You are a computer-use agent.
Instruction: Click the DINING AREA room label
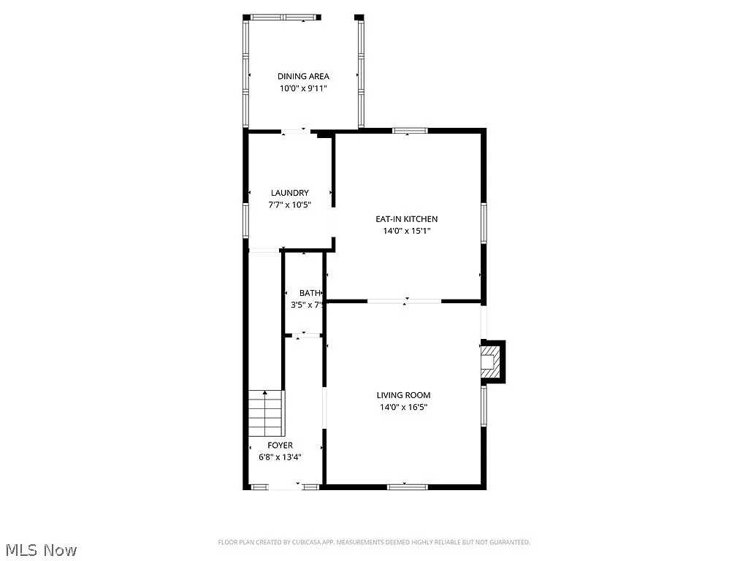point(303,76)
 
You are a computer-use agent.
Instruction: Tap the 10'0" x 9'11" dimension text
point(303,88)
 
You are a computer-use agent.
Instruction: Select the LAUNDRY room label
point(290,193)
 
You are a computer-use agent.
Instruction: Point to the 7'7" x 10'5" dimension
point(290,205)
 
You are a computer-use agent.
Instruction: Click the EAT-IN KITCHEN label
point(406,218)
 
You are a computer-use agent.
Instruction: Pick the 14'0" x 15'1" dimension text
point(406,231)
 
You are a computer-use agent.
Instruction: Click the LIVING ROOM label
point(404,395)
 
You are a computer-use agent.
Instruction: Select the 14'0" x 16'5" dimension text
point(404,408)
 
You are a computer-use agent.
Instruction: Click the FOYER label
point(280,445)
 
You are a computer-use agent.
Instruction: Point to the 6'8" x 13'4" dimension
point(280,457)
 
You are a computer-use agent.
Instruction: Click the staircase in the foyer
point(265,413)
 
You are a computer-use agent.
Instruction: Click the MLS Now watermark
point(41,549)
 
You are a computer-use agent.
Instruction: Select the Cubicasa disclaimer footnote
point(374,542)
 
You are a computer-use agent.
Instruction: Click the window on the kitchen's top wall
point(410,131)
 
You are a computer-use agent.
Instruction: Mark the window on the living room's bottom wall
point(407,486)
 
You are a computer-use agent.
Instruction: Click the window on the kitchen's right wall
point(483,222)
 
